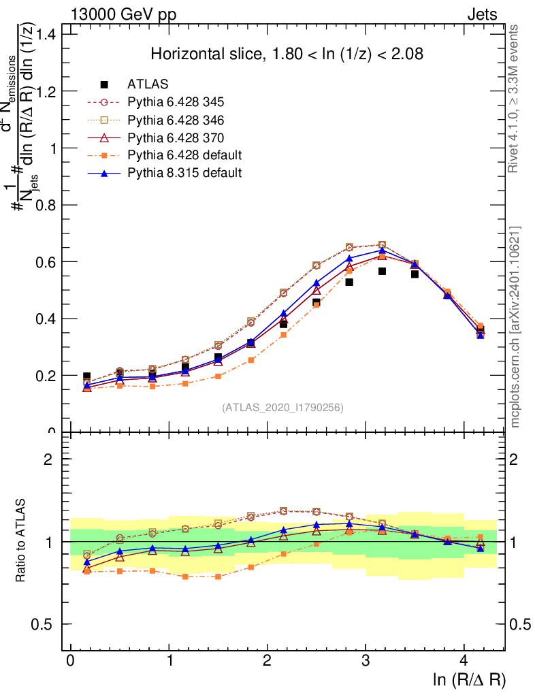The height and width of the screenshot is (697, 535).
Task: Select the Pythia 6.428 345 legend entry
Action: (176, 102)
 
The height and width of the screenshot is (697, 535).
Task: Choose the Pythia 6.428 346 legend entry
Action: (176, 120)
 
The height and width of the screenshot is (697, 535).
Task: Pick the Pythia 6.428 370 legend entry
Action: (176, 137)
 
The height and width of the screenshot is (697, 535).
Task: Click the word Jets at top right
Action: (482, 14)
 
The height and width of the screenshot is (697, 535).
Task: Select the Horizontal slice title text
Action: (287, 54)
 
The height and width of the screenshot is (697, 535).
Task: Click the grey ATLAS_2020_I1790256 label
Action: (282, 408)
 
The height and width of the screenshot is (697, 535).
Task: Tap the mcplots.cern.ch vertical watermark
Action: (516, 327)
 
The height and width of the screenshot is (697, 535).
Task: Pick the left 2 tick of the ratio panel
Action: (49, 459)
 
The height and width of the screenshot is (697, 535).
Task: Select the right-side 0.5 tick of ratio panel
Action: (520, 624)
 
